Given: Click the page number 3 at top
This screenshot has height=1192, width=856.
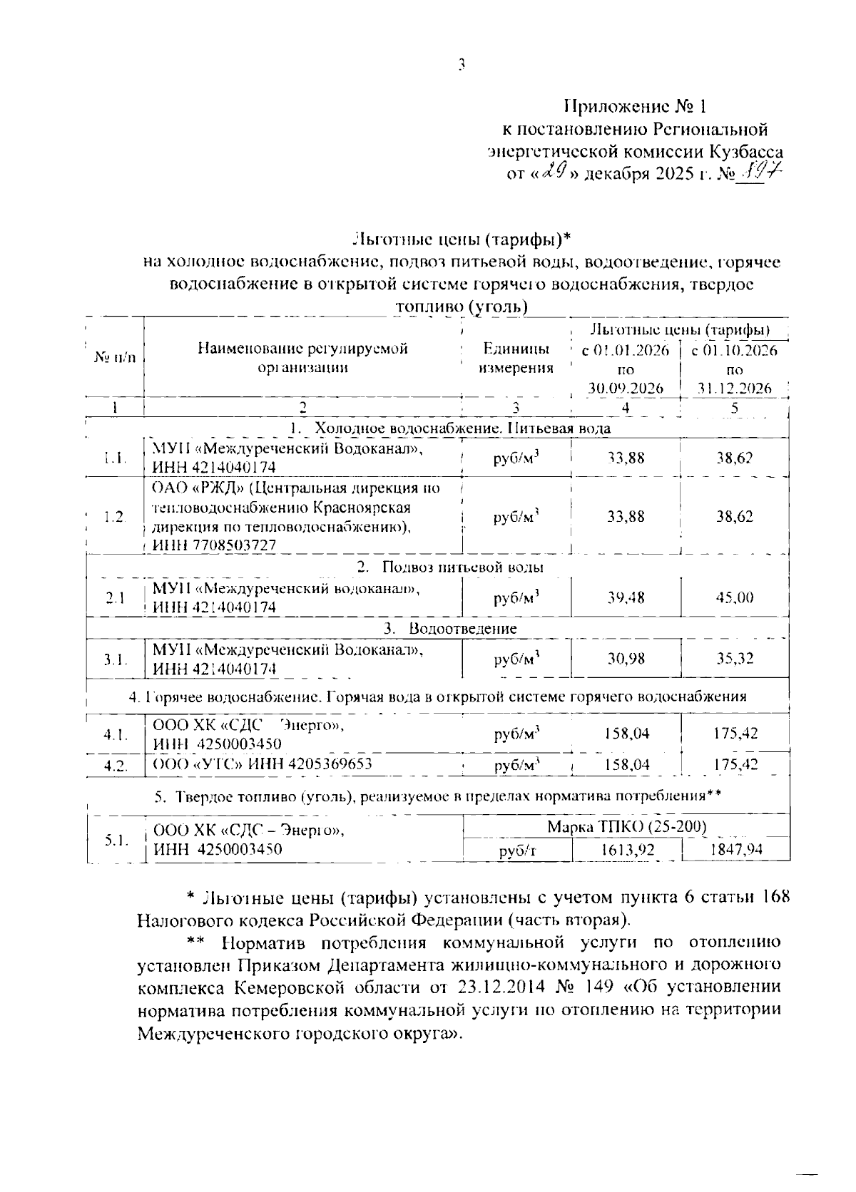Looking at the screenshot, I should [x=462, y=66].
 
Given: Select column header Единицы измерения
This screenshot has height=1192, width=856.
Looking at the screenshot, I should [x=516, y=359].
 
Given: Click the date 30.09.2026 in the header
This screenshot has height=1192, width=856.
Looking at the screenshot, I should [x=626, y=389].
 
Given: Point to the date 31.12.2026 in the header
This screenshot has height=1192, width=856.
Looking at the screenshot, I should [x=735, y=389].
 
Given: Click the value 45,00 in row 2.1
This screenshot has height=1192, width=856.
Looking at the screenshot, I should [x=735, y=597].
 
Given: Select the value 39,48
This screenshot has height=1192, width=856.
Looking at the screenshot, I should [x=626, y=597].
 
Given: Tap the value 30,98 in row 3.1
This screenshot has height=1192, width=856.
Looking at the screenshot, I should [x=626, y=659].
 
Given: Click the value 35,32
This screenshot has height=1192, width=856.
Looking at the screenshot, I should [x=735, y=659].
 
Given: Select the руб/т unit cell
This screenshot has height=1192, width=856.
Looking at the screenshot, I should [x=517, y=851].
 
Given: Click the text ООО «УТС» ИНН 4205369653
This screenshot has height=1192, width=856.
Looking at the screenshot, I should [x=263, y=765].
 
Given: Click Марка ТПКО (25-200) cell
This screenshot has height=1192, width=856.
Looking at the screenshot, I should [x=626, y=826].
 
